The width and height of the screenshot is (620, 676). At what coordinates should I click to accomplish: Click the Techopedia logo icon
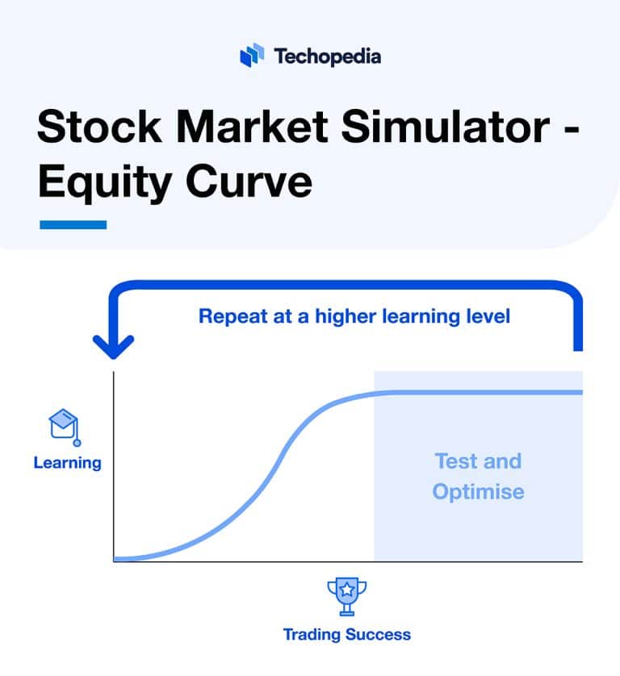[x=253, y=56]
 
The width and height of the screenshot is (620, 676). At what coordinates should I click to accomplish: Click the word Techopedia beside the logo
[x=327, y=56]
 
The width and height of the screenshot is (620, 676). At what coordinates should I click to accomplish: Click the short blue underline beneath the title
[x=73, y=224]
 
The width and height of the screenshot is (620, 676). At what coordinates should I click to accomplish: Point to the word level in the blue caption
[x=487, y=315]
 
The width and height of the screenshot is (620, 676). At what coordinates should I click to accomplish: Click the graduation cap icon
[x=65, y=426]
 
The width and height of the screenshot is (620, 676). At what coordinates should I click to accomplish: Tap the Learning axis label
[x=67, y=463]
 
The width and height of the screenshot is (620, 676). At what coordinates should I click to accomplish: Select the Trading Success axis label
[x=346, y=634]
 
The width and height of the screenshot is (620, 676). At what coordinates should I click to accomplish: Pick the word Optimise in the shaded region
[x=478, y=491]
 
